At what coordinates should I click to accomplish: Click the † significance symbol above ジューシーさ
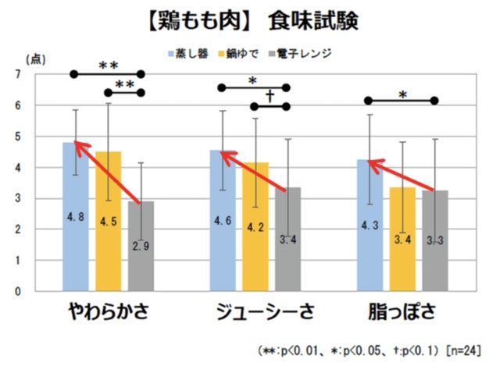(270, 96)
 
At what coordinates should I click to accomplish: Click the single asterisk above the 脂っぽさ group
(402, 94)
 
